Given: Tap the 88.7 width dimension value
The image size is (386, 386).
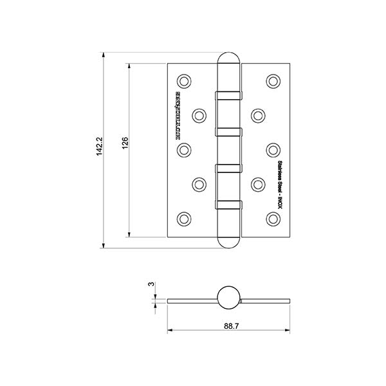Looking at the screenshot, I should [228, 326].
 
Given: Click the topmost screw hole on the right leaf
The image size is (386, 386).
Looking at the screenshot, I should [273, 81].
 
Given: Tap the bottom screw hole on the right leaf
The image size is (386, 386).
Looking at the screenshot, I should [273, 218].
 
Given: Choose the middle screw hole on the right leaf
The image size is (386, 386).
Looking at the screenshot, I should [273, 150].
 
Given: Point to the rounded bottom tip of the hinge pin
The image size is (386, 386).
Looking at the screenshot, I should [229, 243].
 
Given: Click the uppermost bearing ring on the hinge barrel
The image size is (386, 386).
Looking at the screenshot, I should [229, 95].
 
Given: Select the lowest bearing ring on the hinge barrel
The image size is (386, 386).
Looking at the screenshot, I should [229, 205].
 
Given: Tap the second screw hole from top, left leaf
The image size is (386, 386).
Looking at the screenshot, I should [199, 115].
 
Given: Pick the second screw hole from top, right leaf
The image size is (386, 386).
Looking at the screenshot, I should [258, 115].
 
